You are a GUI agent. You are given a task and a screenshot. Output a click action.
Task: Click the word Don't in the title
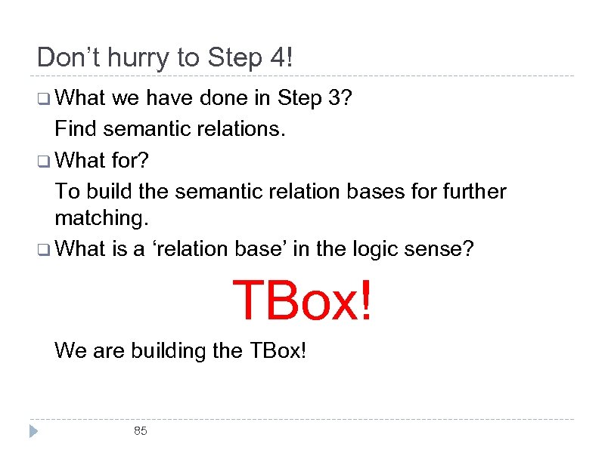69,57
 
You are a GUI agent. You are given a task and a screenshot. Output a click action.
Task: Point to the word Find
76,129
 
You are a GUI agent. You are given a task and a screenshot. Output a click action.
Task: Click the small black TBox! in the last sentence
277,350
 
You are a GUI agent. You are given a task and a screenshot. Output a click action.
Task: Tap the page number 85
140,431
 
